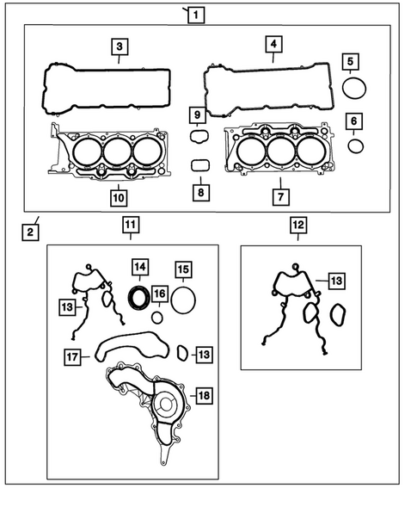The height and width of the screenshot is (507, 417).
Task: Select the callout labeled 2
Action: tap(29, 232)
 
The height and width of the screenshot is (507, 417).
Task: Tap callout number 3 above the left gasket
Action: tap(121, 46)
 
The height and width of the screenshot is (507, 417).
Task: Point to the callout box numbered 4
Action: tap(272, 43)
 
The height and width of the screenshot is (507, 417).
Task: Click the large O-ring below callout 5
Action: tap(354, 89)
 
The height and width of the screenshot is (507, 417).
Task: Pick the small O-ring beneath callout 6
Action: tap(356, 145)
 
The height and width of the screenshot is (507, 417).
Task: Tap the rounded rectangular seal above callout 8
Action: tap(199, 165)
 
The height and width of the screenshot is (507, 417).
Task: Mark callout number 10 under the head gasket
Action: tap(119, 197)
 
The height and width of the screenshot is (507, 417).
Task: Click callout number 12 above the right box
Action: tap(297, 226)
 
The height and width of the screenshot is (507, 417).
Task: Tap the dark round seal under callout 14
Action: tap(138, 297)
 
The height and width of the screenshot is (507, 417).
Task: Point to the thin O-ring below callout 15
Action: tap(182, 301)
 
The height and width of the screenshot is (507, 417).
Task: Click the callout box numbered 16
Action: tap(160, 295)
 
